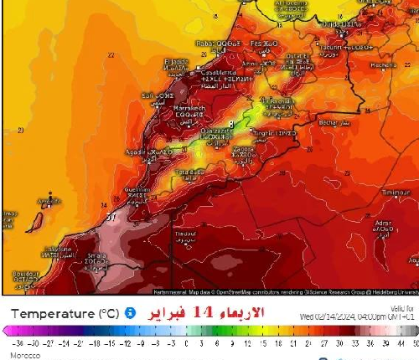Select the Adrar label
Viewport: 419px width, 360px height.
click(385, 224)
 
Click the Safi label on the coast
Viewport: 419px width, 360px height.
click(152, 95)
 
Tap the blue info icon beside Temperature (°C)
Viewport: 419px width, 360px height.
click(130, 313)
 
